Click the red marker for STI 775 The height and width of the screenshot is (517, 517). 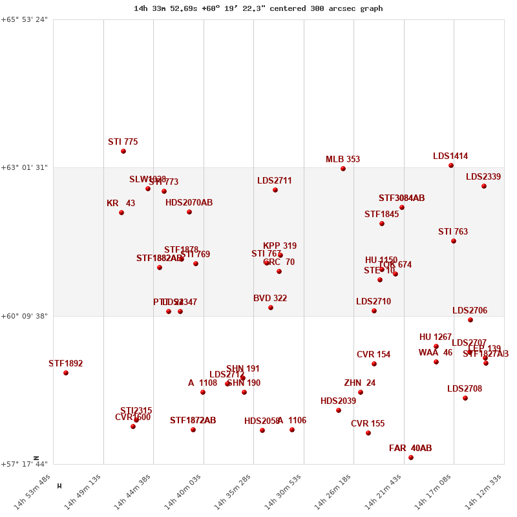pos(123,151)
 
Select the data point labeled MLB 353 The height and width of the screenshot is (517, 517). pos(343,169)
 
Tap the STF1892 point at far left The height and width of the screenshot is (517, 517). pos(66,373)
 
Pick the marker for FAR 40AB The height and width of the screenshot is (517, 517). pos(411,458)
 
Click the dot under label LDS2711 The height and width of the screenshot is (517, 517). pos(275,190)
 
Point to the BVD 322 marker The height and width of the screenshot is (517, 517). pos(271,308)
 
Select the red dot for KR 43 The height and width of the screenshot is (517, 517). pos(121,213)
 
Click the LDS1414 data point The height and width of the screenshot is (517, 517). pos(451,165)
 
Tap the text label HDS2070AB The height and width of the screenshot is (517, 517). pos(189,203)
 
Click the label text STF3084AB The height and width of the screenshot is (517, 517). pos(401,198)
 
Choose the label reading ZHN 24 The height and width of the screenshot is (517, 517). pos(360,383)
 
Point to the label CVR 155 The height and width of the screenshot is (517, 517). pos(368,424)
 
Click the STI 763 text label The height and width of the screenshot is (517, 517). pos(453,232)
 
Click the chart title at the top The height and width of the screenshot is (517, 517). pos(258,8)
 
